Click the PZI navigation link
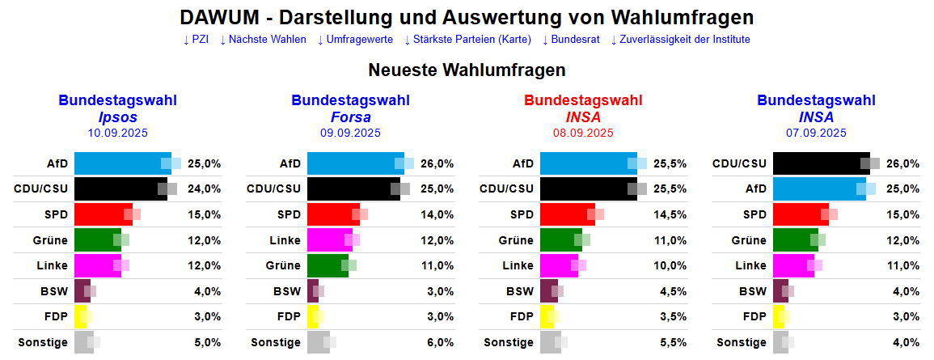coord(196,40)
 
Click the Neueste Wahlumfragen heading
coord(467,70)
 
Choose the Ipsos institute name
coord(117,117)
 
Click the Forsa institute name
coord(350,117)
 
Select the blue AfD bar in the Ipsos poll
coord(121,163)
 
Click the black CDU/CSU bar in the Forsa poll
coord(352,188)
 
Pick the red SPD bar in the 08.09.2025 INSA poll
coord(566,214)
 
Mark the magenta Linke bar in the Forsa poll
coord(328,240)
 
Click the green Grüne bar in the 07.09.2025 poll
coord(795,240)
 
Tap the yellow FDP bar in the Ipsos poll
coord(80,316)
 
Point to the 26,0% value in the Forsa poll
coord(437,163)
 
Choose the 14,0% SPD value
coord(437,214)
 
